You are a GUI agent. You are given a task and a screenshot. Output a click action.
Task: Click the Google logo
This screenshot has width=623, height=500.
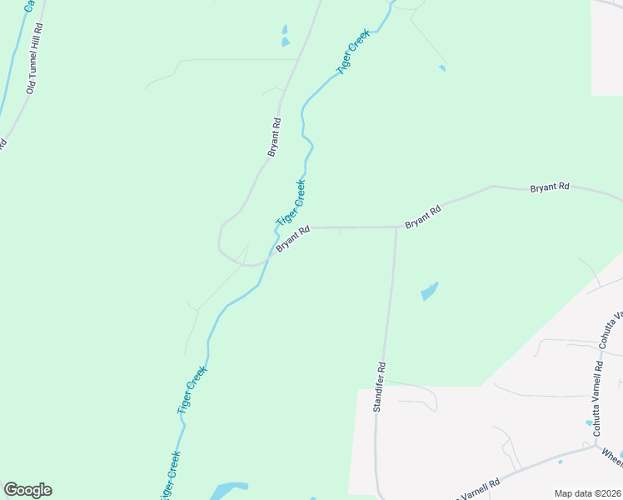(x=27, y=490)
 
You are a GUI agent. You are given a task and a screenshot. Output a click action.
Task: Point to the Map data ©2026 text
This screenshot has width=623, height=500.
(x=587, y=493)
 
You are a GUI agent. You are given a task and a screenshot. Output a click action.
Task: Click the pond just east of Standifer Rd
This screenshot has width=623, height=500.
(x=429, y=292)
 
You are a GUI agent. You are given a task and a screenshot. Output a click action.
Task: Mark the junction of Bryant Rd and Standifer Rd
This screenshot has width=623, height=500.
(x=396, y=227)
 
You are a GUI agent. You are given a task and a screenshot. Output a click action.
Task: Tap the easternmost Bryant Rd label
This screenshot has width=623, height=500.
(x=550, y=188)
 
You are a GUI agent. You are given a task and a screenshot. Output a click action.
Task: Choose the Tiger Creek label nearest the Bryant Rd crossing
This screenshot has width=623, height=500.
(x=292, y=202)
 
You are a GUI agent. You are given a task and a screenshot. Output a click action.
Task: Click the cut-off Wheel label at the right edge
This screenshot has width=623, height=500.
(x=612, y=457)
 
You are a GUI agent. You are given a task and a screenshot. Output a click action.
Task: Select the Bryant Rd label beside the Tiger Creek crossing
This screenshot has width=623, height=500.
(x=293, y=239)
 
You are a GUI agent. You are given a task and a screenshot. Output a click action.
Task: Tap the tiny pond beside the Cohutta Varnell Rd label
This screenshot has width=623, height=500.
(x=589, y=422)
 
